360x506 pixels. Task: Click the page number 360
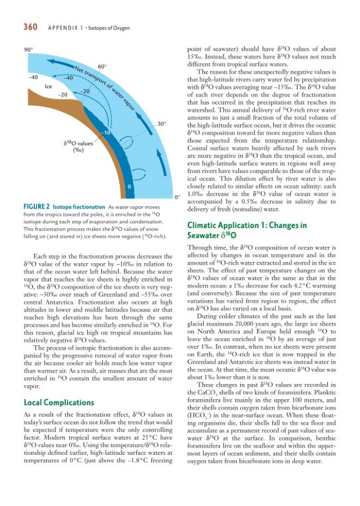(29, 26)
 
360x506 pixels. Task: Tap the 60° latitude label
(102, 66)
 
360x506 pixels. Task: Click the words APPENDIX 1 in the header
(63, 27)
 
